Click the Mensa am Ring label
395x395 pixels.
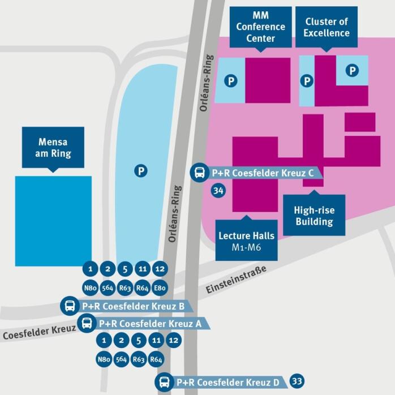tap(53, 147)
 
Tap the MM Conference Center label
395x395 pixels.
tap(261, 27)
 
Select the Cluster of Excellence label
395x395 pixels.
tap(327, 27)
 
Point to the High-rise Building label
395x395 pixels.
tap(314, 216)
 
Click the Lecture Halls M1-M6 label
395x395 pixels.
tap(246, 241)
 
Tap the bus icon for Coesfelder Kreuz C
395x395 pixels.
tap(200, 173)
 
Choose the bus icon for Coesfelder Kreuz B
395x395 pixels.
tap(70, 306)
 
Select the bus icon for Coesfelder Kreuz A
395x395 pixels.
tap(87, 323)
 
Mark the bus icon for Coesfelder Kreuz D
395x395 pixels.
tap(164, 382)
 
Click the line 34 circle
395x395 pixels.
tap(218, 191)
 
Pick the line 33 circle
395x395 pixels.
tap(297, 381)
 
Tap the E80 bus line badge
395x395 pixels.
tap(160, 288)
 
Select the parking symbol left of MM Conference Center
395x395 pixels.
tap(230, 81)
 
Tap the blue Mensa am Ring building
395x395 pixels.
tap(53, 221)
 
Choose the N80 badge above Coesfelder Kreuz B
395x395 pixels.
tap(90, 288)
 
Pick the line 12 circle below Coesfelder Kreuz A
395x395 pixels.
tap(174, 341)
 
